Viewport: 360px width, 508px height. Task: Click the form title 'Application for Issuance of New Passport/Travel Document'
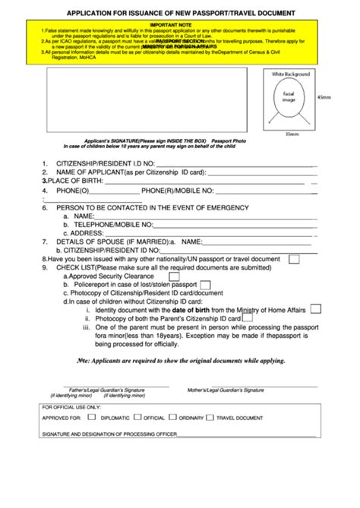pos(180,14)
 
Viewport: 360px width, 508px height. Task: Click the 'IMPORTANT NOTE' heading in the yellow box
pos(181,24)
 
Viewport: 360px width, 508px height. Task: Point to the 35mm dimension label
pos(292,135)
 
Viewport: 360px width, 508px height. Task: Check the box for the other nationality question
pos(294,259)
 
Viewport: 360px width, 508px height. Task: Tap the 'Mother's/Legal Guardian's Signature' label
pos(226,390)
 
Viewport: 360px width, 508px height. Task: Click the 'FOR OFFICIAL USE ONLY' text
pos(72,407)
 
